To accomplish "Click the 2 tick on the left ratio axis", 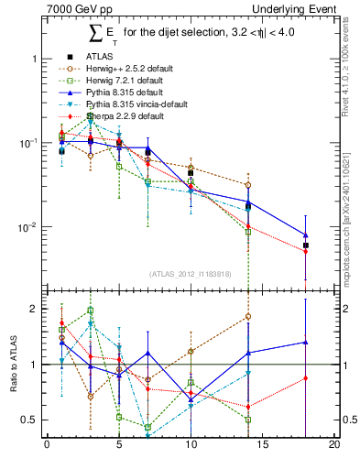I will (34, 309).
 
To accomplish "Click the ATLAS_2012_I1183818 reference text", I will (191, 273).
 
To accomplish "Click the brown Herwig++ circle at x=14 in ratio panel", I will (248, 317).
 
